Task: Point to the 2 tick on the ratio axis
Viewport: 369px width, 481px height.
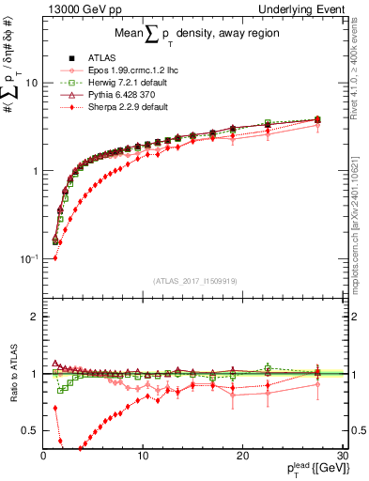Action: click(35, 317)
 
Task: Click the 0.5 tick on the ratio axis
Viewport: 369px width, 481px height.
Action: click(31, 430)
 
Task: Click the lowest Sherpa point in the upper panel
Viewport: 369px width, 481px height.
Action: click(54, 258)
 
